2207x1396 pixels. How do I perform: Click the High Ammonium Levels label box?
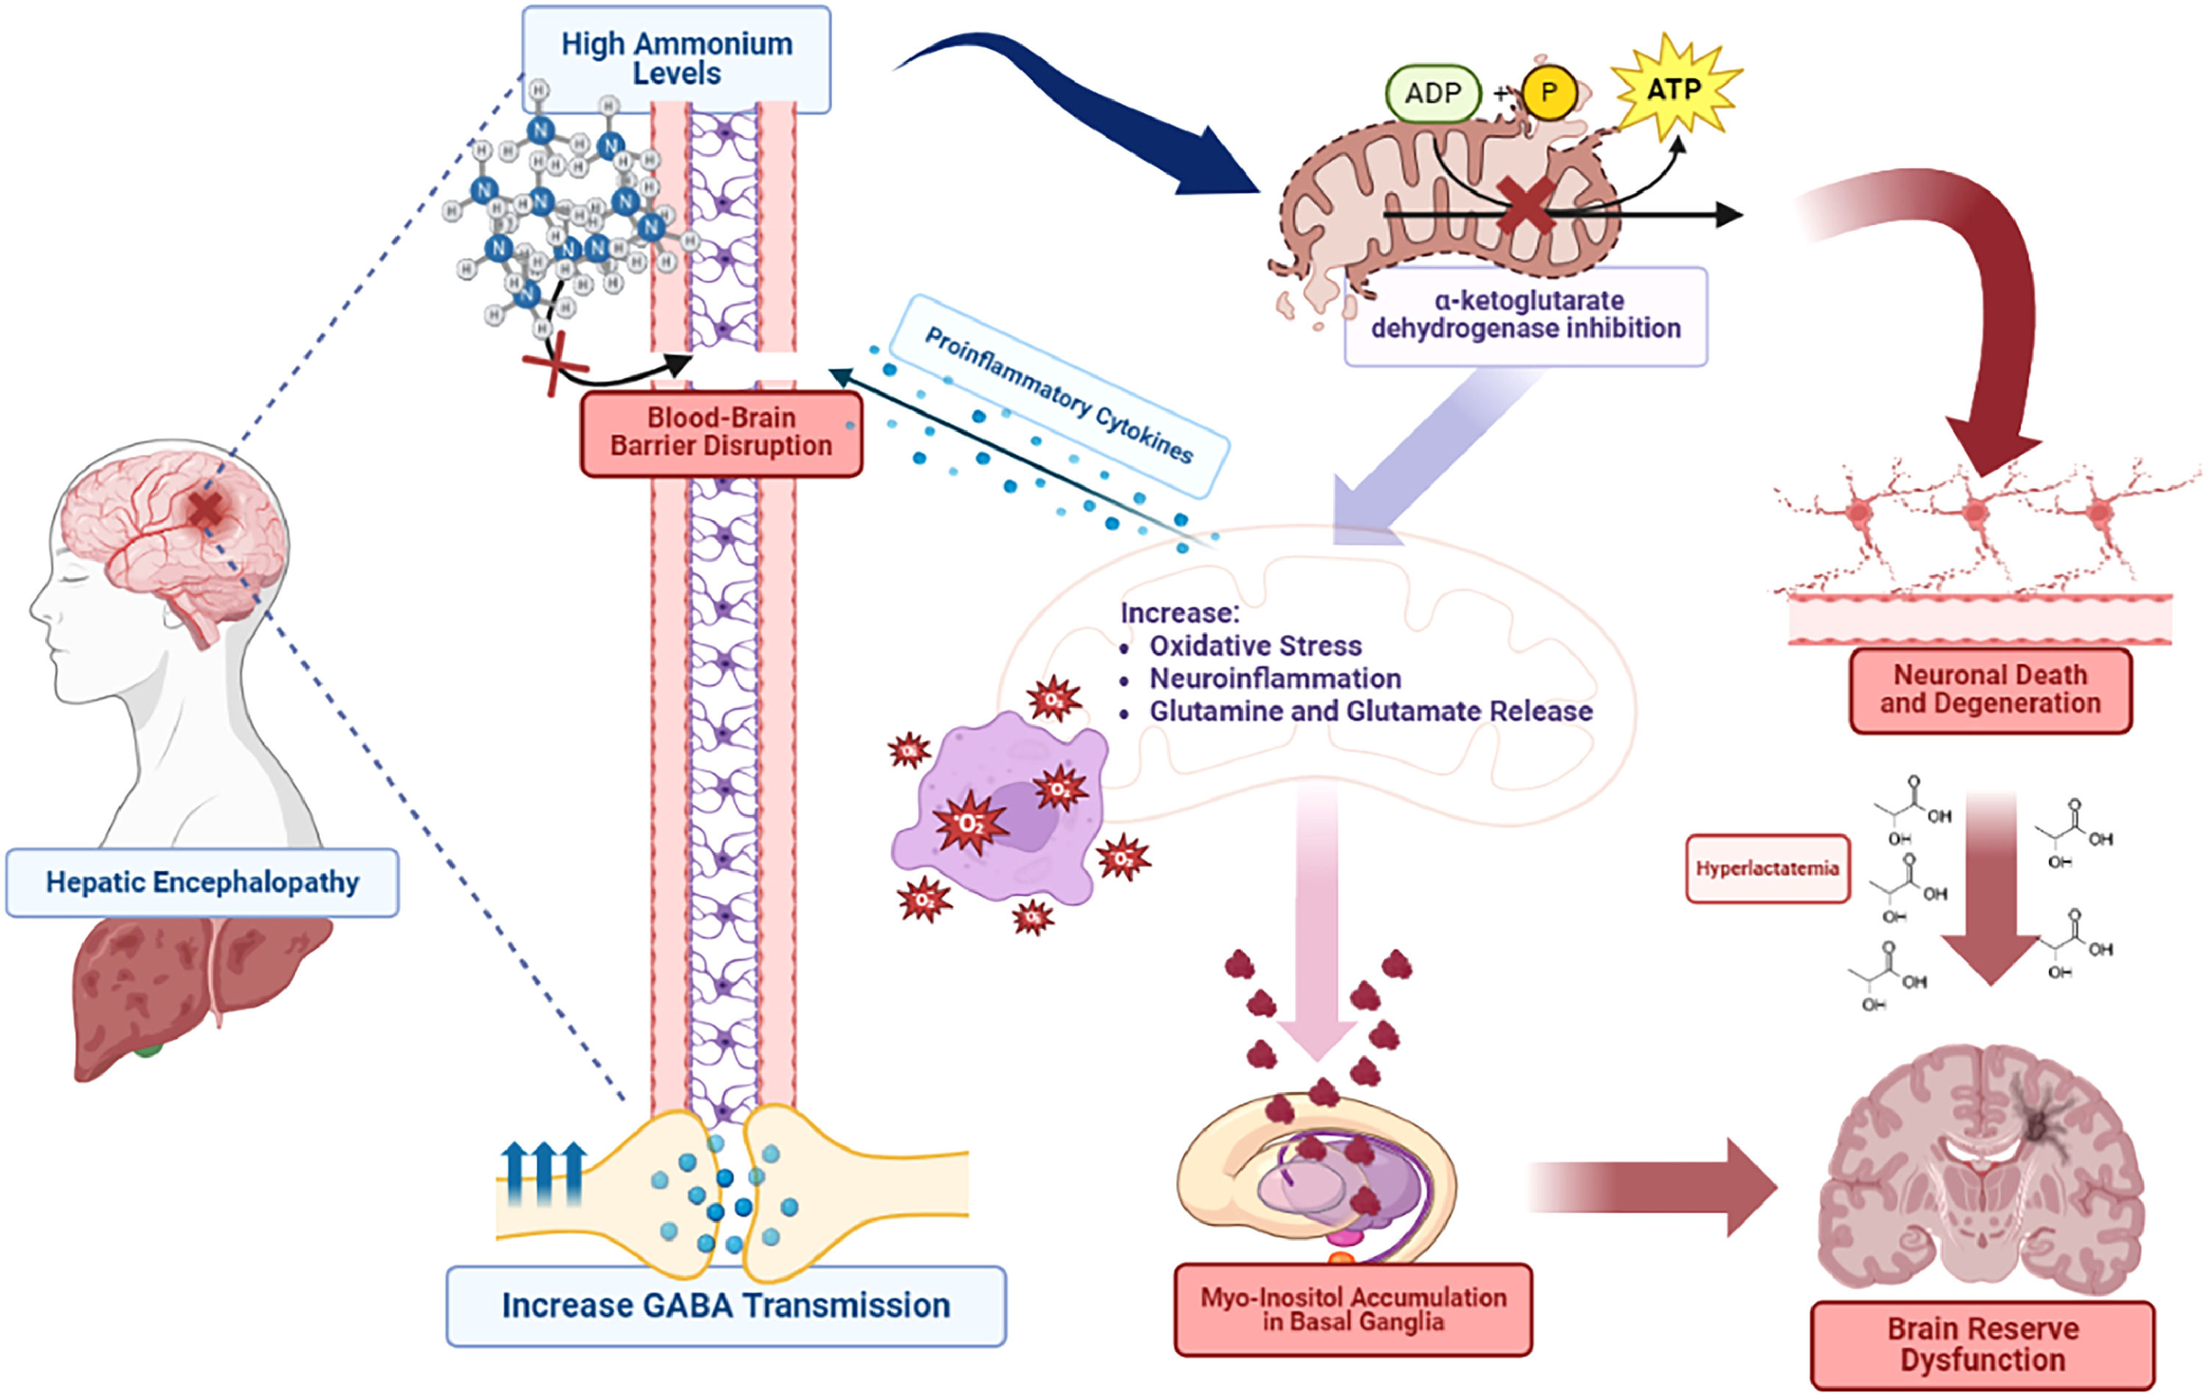tap(676, 58)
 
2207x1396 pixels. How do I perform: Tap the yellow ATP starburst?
tap(1674, 90)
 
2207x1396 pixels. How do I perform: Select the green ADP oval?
tap(1432, 93)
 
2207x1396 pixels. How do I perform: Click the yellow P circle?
tap(1548, 93)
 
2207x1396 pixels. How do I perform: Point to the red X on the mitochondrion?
tap(1524, 206)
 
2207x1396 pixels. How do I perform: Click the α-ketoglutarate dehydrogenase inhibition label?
tap(1525, 314)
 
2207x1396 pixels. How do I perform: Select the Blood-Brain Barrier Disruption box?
tap(720, 432)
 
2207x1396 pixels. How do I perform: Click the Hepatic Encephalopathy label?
tap(202, 882)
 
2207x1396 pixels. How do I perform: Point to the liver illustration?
tap(183, 990)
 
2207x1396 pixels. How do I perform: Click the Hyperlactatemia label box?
tap(1766, 868)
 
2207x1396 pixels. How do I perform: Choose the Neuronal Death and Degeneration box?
tap(1990, 689)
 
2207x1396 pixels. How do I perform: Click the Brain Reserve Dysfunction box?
tap(1982, 1344)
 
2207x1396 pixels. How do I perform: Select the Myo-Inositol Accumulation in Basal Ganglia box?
tap(1353, 1309)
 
